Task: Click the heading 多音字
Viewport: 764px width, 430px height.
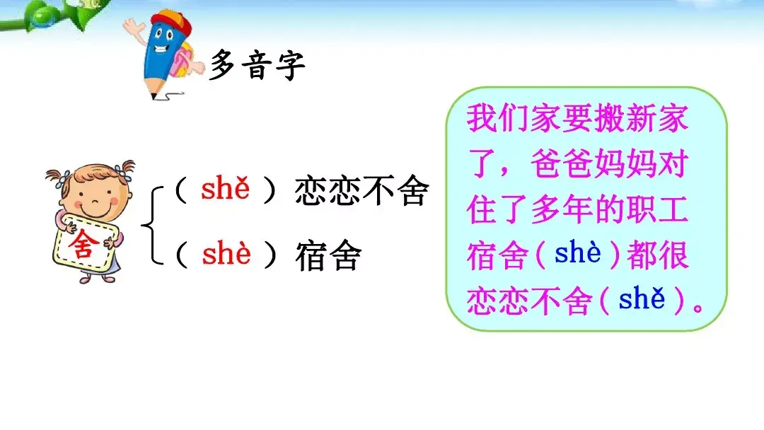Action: pos(257,66)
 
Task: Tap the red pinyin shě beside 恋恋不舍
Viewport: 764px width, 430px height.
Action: pos(226,190)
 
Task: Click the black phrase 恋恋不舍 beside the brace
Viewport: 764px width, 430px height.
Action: pos(361,192)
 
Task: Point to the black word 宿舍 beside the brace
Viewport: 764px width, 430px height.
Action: pos(328,256)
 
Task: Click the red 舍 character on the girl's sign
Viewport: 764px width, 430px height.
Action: pos(81,245)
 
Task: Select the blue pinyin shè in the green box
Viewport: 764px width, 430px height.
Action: pos(578,253)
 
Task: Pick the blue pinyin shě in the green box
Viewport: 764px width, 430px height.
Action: pos(642,301)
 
